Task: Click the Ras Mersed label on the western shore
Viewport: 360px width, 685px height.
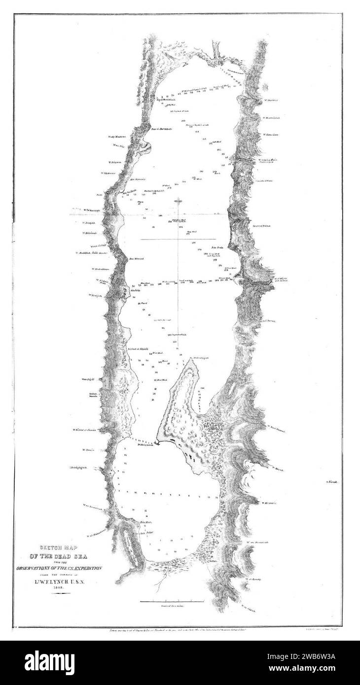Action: click(136, 258)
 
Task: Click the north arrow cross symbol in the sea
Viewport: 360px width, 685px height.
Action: click(179, 201)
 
